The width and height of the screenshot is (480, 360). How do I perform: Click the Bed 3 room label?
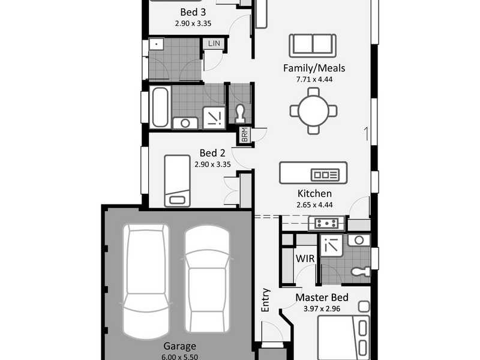[193, 12]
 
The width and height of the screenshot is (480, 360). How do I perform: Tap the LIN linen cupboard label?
[214, 43]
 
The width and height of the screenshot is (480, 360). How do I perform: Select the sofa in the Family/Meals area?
[313, 46]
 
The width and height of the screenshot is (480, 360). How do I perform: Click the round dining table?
[313, 111]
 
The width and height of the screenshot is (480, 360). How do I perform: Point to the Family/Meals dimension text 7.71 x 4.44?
[314, 79]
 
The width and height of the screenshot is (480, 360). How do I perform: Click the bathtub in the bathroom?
[160, 107]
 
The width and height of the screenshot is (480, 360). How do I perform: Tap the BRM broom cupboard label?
[245, 134]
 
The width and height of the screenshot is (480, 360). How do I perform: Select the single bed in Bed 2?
[177, 181]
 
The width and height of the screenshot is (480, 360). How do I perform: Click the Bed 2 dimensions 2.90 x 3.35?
[212, 164]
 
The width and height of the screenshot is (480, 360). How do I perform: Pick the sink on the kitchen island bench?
[325, 175]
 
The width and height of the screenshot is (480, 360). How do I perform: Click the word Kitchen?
[314, 193]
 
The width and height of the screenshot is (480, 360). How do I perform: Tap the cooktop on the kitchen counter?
[327, 223]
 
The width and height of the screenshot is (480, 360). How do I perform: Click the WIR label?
[305, 259]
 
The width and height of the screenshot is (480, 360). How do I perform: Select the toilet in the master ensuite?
[361, 271]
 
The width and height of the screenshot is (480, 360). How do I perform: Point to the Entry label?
[265, 300]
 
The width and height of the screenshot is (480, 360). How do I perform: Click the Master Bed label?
[322, 298]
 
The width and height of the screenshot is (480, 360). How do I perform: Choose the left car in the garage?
[146, 281]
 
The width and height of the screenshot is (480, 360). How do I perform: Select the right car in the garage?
[207, 279]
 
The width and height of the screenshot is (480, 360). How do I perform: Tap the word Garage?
[179, 346]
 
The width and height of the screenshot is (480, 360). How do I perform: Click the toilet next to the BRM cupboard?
[241, 113]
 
